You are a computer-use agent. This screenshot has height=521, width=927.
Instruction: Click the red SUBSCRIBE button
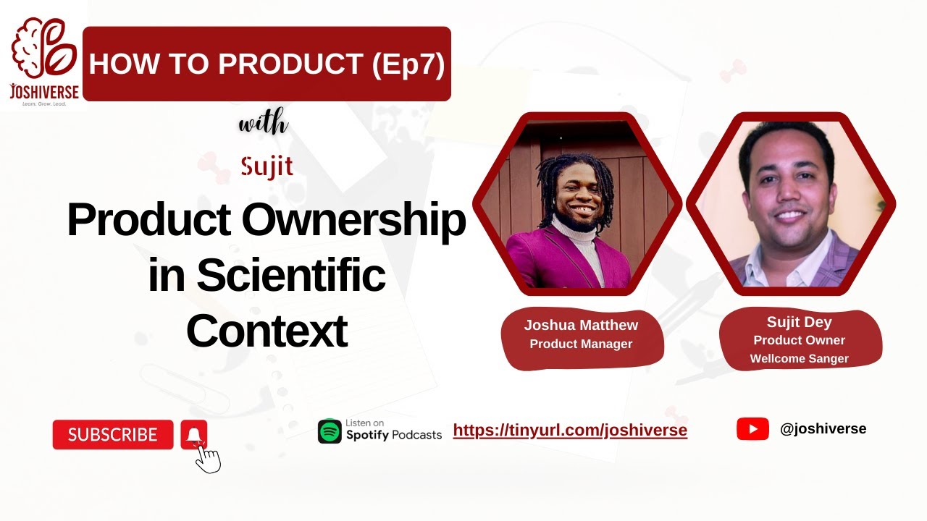113,435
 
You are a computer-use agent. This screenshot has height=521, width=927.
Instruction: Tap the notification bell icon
194,434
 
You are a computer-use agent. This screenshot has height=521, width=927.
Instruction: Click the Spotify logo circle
330,431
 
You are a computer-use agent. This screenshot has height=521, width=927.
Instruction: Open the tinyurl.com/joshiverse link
570,431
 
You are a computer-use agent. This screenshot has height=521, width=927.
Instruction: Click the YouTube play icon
752,429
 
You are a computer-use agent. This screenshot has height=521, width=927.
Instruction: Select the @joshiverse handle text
823,429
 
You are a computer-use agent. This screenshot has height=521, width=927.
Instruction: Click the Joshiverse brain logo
44,50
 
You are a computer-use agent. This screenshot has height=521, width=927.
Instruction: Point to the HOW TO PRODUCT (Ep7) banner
267,64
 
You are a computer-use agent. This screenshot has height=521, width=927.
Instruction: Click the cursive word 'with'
264,124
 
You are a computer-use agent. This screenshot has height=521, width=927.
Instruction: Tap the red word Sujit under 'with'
267,167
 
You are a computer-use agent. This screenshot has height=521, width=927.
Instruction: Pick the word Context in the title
267,331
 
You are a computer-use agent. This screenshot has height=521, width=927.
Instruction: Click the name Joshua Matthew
581,325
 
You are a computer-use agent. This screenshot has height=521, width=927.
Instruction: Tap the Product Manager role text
581,344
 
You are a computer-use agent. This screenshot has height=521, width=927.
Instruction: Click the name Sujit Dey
799,322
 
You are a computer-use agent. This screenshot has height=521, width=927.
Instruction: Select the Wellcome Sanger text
799,358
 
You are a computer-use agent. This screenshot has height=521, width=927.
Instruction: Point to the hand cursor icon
209,459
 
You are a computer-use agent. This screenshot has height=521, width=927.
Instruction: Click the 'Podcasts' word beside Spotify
416,435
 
